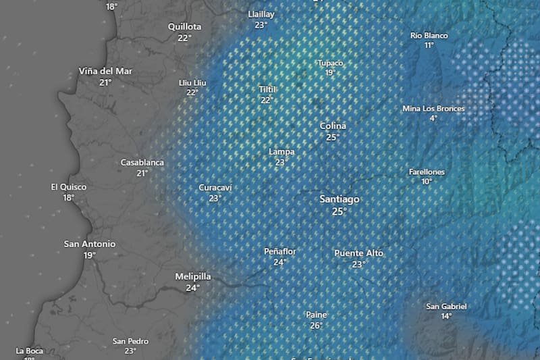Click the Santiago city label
pyautogui.click(x=339, y=200)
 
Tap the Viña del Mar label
pyautogui.click(x=105, y=71)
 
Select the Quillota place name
pyautogui.click(x=184, y=26)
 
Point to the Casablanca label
pyautogui.click(x=142, y=162)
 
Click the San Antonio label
pyautogui.click(x=90, y=244)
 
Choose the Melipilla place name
pyautogui.click(x=193, y=276)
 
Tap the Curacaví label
pyautogui.click(x=215, y=187)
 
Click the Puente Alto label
pyautogui.click(x=358, y=253)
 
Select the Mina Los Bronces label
pyautogui.click(x=433, y=108)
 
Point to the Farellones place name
pyautogui.click(x=427, y=172)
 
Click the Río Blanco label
pyautogui.click(x=429, y=35)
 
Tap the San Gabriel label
pyautogui.click(x=446, y=306)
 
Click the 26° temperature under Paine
pyautogui.click(x=317, y=325)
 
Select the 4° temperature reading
pyautogui.click(x=433, y=118)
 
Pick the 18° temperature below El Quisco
pyautogui.click(x=69, y=198)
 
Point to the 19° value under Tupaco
pyautogui.click(x=330, y=73)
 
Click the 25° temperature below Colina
pyautogui.click(x=333, y=137)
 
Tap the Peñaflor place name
pyautogui.click(x=280, y=251)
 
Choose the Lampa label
pyautogui.click(x=281, y=152)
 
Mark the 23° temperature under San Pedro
pyautogui.click(x=130, y=351)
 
